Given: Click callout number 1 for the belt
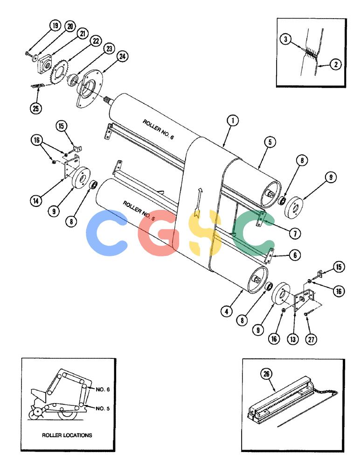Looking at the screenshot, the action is point(233,121).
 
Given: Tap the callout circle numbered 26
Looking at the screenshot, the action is point(266,374).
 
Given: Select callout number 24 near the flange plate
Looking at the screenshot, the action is point(123,56).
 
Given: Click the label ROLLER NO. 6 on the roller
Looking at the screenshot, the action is point(158,130).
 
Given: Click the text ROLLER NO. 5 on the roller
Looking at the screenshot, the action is point(139,211).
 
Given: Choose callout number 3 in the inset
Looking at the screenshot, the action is point(285,39).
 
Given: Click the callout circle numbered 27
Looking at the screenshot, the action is point(311,339).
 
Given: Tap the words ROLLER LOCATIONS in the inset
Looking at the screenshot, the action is point(67,435).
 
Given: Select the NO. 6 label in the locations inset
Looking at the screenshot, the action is point(103,389).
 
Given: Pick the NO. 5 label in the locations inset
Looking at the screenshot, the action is point(103,408).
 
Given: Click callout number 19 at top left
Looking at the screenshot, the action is point(55,26).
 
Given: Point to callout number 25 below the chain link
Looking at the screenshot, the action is point(36,109).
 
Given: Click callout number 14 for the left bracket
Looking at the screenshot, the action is point(36,201).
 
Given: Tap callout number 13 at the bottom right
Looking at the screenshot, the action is point(293,339).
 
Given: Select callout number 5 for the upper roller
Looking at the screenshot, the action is point(270,142).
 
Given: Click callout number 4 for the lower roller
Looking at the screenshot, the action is point(227,311).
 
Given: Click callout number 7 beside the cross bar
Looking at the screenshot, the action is point(295,233).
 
